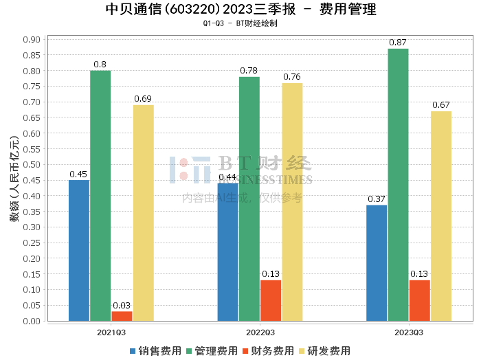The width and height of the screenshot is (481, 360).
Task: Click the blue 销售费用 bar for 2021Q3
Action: pos(79,250)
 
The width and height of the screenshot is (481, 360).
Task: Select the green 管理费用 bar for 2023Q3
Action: pos(398,184)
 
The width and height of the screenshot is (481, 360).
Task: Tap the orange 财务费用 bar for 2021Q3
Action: pos(122,316)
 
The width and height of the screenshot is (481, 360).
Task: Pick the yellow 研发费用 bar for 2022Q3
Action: pos(292,201)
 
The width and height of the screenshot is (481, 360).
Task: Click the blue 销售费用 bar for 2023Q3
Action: pos(377,262)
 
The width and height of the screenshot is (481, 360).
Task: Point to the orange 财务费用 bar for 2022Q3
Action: pos(271,300)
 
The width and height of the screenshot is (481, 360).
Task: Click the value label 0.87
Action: pos(398,43)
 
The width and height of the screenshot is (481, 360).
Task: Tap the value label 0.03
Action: pos(122,306)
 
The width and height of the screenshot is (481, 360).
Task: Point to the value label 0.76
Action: pos(292,77)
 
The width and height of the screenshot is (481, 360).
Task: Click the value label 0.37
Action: pos(377,199)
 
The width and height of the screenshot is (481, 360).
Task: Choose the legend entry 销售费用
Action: pos(155,351)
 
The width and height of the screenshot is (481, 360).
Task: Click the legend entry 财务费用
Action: pos(268,351)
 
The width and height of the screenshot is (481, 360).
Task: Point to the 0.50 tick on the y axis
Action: pos(31,164)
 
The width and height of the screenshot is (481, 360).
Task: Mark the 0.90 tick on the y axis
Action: pos(31,39)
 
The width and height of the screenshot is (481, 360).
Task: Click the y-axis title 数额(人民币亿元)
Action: pos(14,179)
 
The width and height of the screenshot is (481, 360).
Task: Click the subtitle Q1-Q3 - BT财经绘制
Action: pos(240,23)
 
